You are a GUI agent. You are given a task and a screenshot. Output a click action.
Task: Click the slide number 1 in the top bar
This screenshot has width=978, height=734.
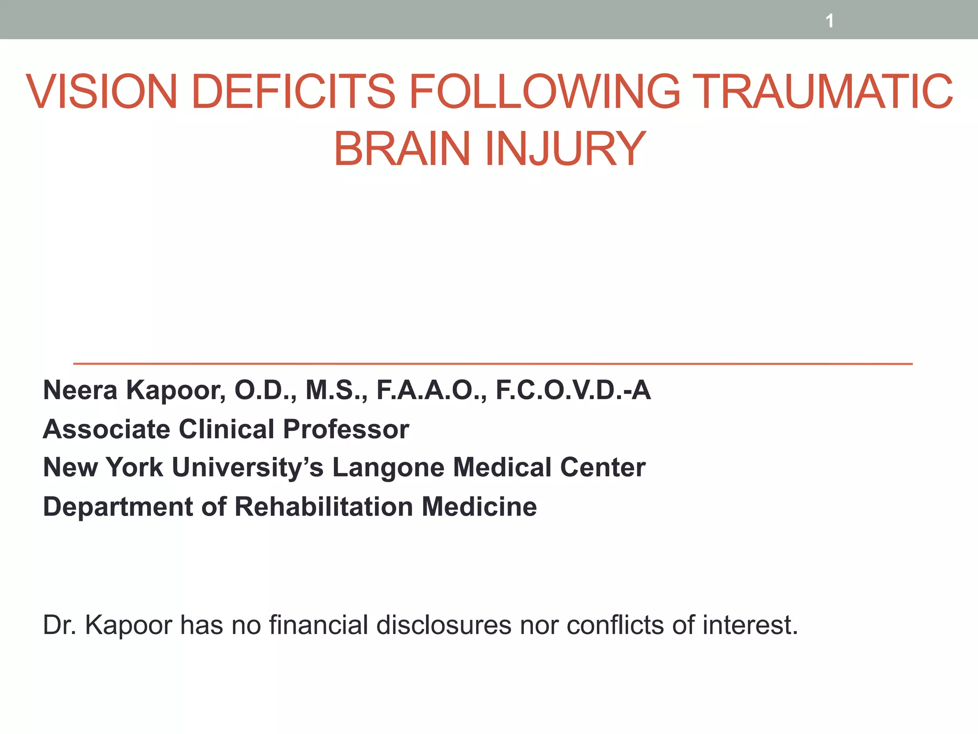pyautogui.click(x=829, y=21)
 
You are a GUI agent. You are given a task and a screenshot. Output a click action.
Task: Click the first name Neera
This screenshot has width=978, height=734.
pyautogui.click(x=80, y=390)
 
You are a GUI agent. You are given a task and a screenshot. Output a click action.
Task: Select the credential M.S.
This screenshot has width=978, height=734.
pyautogui.click(x=337, y=390)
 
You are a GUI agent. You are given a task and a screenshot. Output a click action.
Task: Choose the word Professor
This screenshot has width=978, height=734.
pyautogui.click(x=346, y=429)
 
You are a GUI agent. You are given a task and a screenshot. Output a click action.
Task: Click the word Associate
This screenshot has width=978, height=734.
pyautogui.click(x=106, y=429)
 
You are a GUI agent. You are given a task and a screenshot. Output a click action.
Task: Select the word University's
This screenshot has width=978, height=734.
pyautogui.click(x=247, y=467)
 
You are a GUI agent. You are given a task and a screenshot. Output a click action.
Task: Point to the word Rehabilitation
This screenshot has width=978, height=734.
pyautogui.click(x=323, y=507)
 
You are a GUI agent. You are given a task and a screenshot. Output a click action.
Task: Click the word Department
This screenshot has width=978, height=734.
pyautogui.click(x=117, y=507)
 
